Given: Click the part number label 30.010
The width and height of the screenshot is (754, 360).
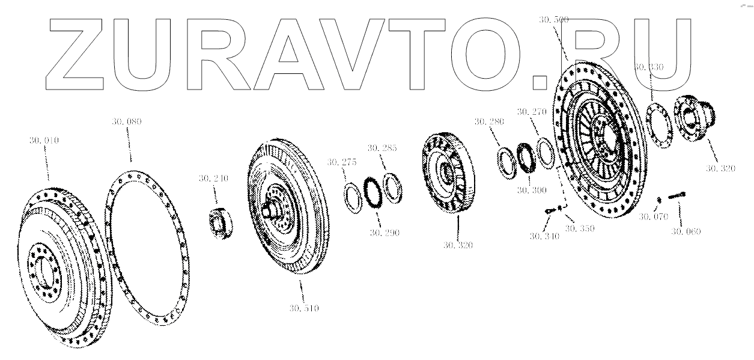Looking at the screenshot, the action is [43, 141].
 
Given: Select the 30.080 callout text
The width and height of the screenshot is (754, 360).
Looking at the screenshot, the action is [126, 122].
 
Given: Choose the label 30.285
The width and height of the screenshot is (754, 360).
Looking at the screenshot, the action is [383, 147].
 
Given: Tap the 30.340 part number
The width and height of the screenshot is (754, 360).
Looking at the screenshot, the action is [544, 236].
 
